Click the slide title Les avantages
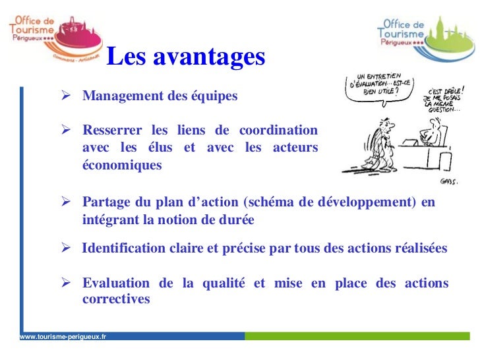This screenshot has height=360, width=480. (185, 57)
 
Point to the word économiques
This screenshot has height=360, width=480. (121, 165)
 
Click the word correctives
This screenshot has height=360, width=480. (116, 299)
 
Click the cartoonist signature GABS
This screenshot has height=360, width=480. (448, 181)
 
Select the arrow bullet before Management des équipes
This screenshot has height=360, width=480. (66, 96)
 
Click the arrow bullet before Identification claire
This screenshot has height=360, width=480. (66, 249)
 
